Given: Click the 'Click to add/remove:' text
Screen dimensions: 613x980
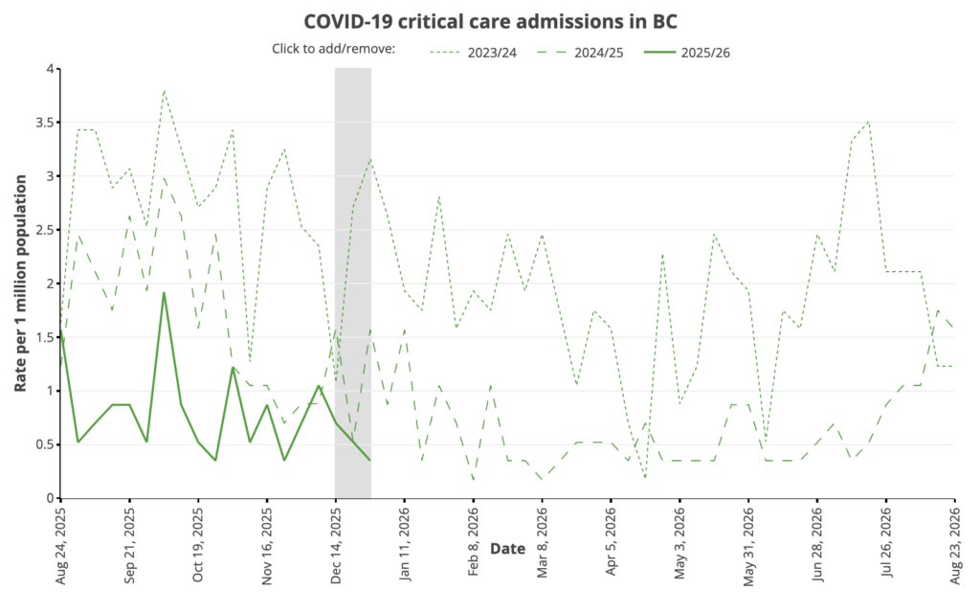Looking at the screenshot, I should coord(334,50).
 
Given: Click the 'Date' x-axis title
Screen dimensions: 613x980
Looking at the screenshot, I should coord(507,548).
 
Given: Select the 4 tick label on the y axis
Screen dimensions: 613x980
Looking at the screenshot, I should coord(49,69).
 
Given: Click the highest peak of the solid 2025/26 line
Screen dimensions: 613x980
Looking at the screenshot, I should coord(164,293).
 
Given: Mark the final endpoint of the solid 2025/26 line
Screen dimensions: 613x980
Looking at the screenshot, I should coord(370,461).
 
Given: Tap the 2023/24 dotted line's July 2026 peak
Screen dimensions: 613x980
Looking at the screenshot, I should coord(868,122).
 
